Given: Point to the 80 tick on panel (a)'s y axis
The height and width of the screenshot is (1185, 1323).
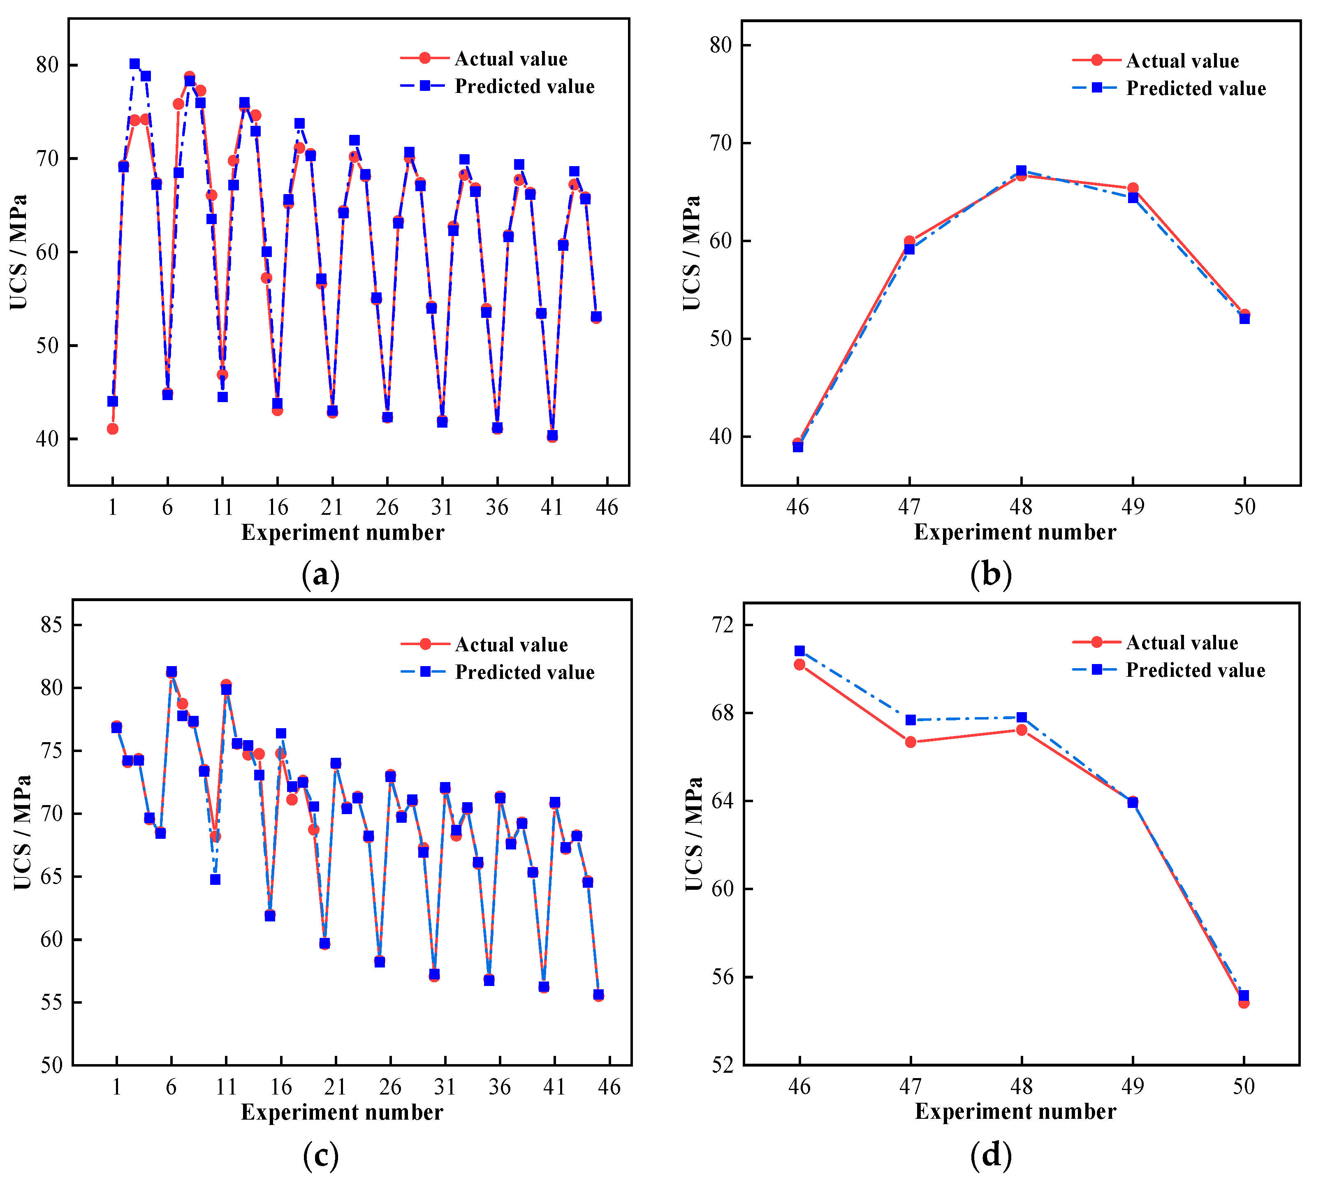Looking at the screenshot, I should tap(48, 65).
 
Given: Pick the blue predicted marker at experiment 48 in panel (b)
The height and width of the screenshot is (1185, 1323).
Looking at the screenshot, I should tap(1021, 171).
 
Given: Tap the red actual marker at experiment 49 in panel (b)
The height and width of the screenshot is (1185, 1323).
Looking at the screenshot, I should tap(1133, 188).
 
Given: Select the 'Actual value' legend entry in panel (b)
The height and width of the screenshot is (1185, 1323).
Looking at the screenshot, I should tap(1182, 60).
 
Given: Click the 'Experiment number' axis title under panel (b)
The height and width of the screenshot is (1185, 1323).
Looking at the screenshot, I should tap(1015, 532).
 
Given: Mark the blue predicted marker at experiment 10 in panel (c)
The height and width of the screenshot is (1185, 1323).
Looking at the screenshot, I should tap(215, 879).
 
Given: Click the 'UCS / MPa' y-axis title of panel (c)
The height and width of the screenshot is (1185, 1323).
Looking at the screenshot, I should tap(22, 833).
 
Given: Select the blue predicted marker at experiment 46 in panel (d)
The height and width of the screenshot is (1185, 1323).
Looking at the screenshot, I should tap(799, 650).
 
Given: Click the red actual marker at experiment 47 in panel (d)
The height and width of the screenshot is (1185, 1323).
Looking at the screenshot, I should tap(910, 742).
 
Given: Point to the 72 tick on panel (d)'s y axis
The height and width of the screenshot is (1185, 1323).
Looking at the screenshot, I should tap(722, 625).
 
